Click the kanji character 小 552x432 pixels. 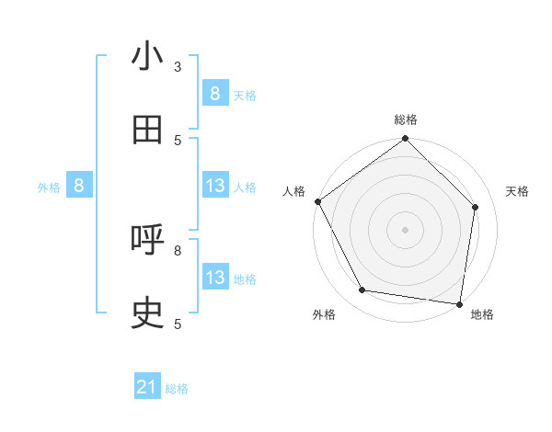point(147,57)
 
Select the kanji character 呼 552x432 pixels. point(147,240)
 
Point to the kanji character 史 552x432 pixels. point(147,313)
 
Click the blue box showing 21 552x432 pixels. point(147,388)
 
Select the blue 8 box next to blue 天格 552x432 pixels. point(214,94)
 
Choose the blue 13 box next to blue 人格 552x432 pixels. point(214,186)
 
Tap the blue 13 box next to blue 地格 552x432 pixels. point(214,278)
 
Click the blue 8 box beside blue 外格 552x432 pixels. point(79,186)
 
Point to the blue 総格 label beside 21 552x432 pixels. point(177,389)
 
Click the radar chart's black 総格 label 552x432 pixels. point(406,119)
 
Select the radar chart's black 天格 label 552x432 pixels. point(518,191)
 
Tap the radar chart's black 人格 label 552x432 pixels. point(293,191)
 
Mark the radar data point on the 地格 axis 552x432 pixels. point(460,303)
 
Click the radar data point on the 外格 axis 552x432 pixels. point(362,290)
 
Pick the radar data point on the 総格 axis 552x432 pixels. point(406,139)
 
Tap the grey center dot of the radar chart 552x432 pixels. point(406,229)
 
